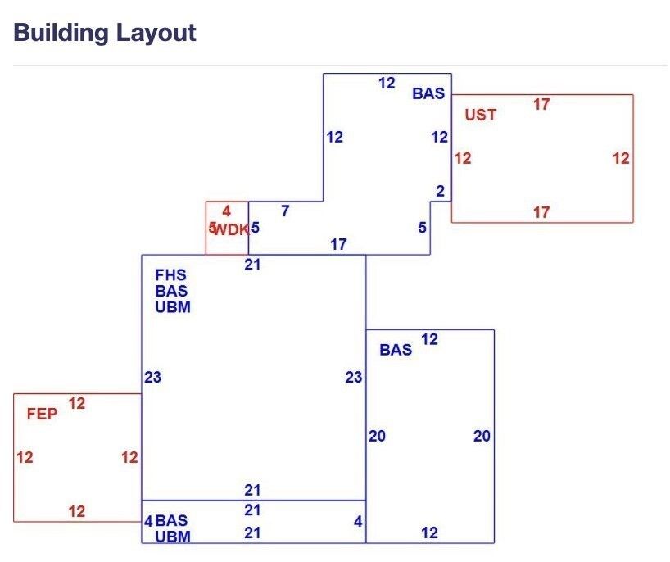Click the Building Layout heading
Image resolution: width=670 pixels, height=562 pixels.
tap(105, 33)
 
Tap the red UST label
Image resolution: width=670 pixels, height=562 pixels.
tap(481, 115)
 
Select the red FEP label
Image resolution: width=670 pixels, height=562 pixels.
tap(42, 414)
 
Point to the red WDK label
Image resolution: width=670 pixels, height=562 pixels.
tap(231, 230)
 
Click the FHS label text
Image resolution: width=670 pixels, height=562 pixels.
tap(170, 274)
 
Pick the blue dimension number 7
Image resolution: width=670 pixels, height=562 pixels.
tap(285, 211)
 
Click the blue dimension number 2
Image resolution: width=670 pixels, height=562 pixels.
tap(440, 191)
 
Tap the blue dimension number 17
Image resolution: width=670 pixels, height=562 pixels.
tap(338, 244)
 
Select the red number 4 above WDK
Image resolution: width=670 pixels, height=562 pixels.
tap(226, 211)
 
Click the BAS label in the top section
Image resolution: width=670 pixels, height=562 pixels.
tap(428, 93)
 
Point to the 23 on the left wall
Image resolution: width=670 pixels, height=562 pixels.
tap(152, 378)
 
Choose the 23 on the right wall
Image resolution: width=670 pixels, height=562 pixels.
tap(353, 378)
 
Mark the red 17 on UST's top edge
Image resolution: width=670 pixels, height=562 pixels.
tap(541, 104)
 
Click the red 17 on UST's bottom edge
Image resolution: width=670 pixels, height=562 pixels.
tap(541, 212)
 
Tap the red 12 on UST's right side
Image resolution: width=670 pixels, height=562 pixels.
tap(621, 159)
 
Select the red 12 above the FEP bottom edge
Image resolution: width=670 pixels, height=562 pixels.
tap(77, 511)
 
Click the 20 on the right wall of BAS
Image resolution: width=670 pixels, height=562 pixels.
tap(482, 436)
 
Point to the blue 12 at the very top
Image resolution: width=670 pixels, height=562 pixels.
tap(387, 83)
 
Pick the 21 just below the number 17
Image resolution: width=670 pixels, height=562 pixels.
tap(252, 265)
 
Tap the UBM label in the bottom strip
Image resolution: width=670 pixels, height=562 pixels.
tap(173, 537)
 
